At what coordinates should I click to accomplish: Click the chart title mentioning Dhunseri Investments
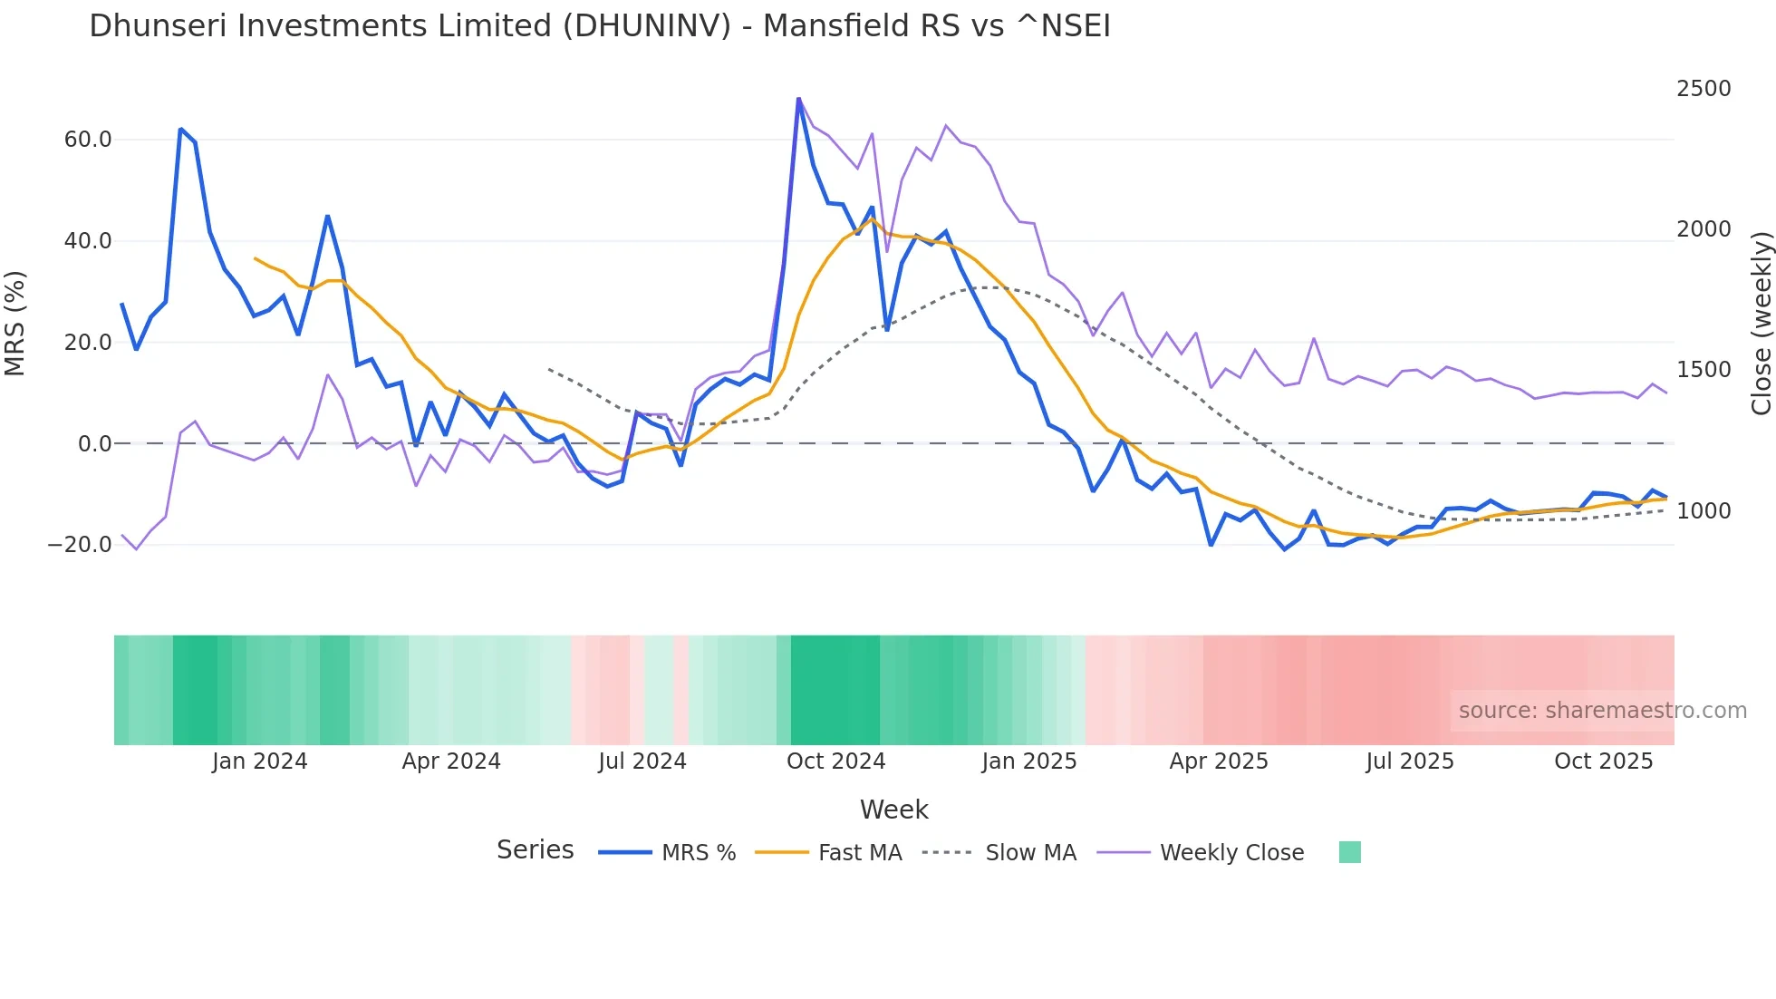coord(599,26)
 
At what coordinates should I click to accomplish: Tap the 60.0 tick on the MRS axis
coord(88,140)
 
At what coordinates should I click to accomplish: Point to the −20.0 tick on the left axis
coord(80,545)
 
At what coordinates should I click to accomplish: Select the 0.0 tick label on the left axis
coord(94,444)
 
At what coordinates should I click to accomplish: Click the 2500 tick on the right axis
coord(1704,89)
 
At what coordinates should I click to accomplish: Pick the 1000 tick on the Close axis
coord(1704,511)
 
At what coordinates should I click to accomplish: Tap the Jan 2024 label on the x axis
coord(260,761)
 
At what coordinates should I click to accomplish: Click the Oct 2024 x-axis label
coord(835,761)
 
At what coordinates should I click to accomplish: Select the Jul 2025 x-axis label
coord(1409,761)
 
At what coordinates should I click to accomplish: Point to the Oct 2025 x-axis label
coord(1603,761)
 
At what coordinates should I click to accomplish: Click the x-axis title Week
coord(893,810)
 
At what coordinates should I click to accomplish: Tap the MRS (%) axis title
coord(15,323)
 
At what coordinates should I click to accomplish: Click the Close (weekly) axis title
coord(1761,323)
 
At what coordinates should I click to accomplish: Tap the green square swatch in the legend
coord(1349,852)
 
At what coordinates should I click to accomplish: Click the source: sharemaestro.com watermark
coord(1602,711)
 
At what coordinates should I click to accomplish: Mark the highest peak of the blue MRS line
coord(798,99)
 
